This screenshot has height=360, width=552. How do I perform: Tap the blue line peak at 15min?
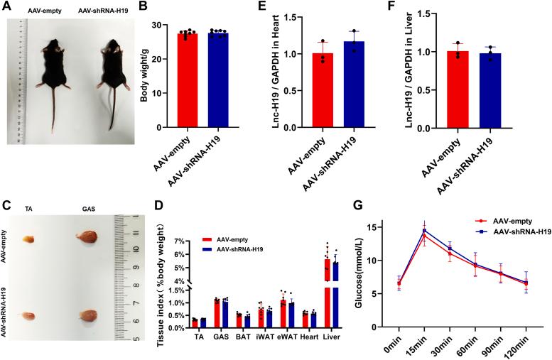(424, 230)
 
